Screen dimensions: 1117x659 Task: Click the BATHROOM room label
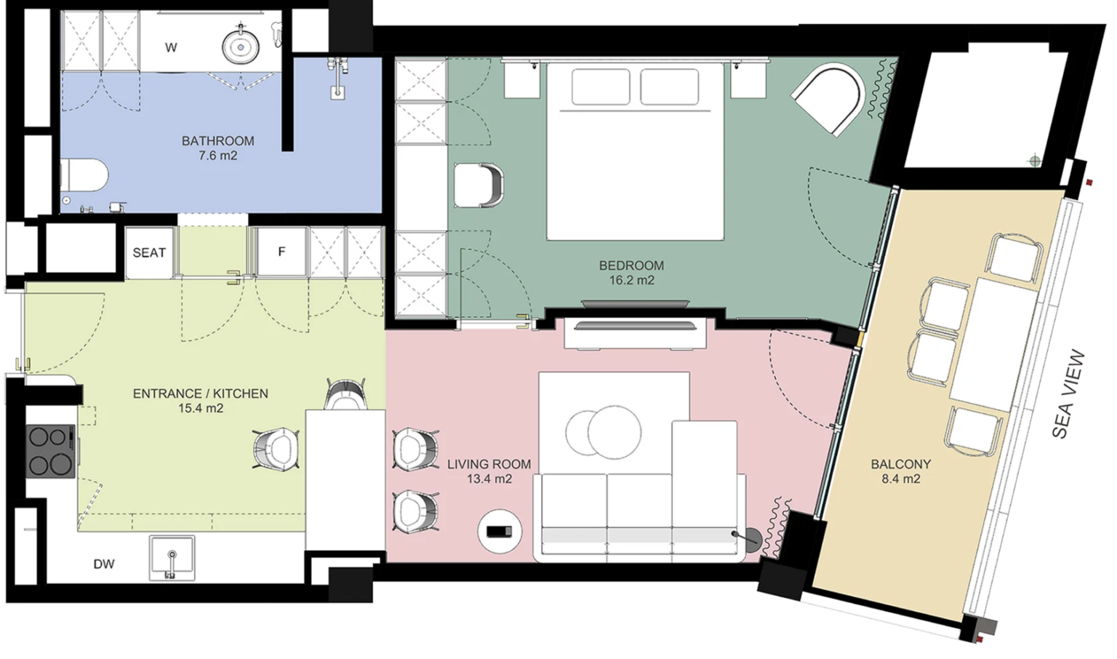pyautogui.click(x=218, y=141)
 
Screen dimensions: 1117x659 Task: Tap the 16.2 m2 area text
pyautogui.click(x=631, y=280)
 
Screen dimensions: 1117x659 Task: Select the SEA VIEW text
pyautogui.click(x=1068, y=394)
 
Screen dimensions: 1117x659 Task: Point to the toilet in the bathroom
pyautogui.click(x=84, y=175)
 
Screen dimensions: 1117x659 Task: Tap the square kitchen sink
pyautogui.click(x=172, y=558)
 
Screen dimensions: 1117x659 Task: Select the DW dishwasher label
pyautogui.click(x=104, y=564)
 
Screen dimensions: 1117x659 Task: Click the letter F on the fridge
pyautogui.click(x=281, y=252)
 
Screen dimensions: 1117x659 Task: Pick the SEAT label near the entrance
pyautogui.click(x=149, y=253)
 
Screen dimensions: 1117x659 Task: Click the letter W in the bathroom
pyautogui.click(x=171, y=48)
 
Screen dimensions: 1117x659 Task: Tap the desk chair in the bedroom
pyautogui.click(x=479, y=185)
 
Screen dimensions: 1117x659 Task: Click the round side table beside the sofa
pyautogui.click(x=500, y=531)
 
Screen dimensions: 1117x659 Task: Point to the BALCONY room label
pyautogui.click(x=900, y=465)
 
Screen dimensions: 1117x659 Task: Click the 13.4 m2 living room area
pyautogui.click(x=489, y=479)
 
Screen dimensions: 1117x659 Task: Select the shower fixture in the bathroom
pyautogui.click(x=337, y=77)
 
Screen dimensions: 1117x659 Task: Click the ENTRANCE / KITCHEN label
pyautogui.click(x=201, y=394)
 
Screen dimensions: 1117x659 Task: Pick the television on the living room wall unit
pyautogui.click(x=635, y=327)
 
